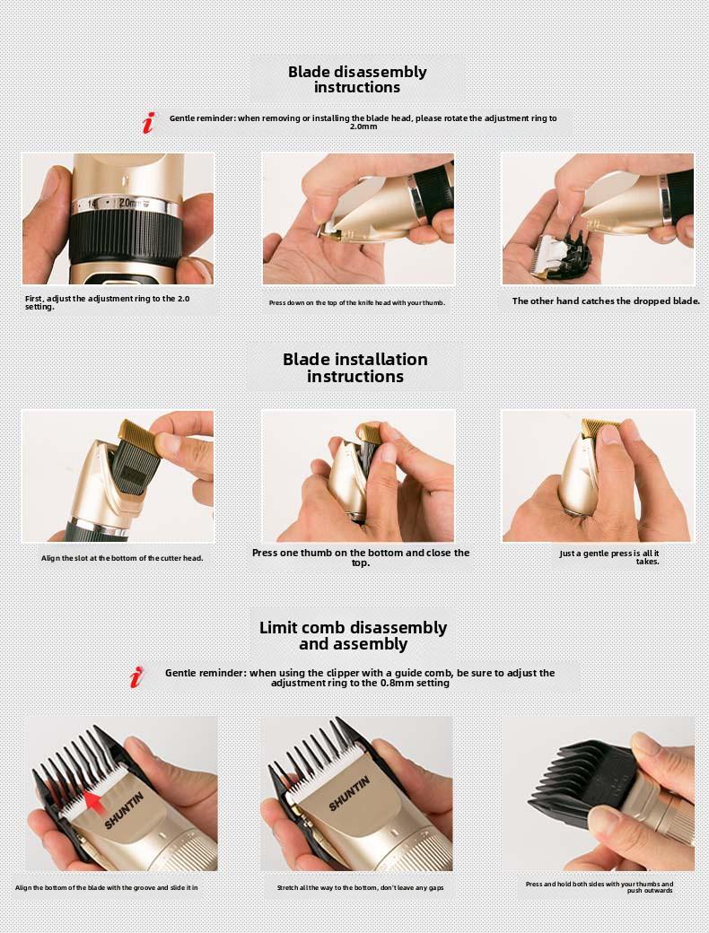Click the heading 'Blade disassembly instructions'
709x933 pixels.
coord(357,79)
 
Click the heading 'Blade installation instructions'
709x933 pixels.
coord(355,368)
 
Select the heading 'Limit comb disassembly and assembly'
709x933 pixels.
coord(354,636)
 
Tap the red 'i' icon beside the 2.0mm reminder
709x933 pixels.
coord(149,123)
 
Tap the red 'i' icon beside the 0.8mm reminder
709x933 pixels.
coord(136,677)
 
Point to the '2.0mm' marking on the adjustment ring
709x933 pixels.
coord(129,203)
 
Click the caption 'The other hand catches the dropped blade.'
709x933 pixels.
coord(606,301)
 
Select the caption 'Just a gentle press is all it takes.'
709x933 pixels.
coord(609,557)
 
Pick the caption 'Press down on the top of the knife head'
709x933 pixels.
coord(357,303)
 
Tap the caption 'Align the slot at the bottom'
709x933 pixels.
coord(122,558)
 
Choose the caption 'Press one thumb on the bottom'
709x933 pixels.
coord(361,557)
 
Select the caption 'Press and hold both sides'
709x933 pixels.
coord(600,887)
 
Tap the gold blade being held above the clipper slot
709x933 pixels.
coord(139,436)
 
